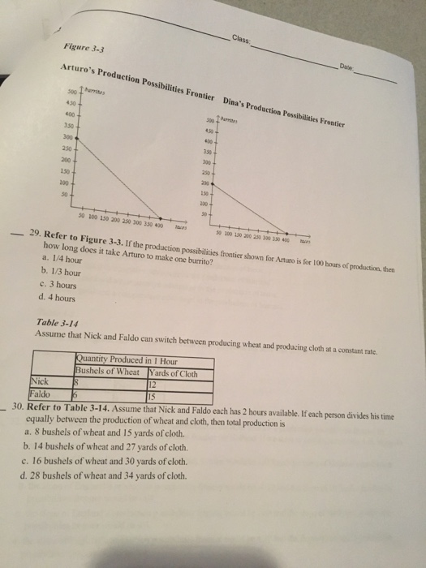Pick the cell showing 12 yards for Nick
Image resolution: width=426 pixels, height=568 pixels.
point(154,385)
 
